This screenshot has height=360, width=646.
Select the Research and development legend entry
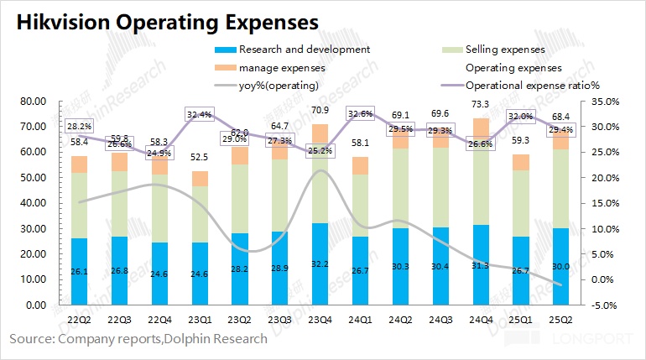click(304, 50)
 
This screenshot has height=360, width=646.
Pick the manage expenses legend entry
click(280, 67)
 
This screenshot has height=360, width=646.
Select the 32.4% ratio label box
click(200, 114)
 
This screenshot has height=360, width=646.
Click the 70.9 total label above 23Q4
click(319, 110)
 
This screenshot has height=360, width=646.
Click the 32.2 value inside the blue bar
click(319, 263)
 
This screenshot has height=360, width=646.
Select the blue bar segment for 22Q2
click(80, 271)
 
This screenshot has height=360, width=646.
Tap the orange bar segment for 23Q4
click(319, 135)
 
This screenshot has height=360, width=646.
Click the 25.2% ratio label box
click(319, 151)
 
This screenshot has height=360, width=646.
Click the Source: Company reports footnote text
click(138, 339)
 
